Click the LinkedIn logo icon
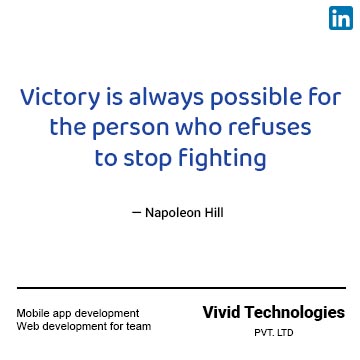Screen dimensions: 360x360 340,17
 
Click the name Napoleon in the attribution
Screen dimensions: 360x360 176,213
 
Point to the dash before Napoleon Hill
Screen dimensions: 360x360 136,213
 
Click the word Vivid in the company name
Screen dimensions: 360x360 221,311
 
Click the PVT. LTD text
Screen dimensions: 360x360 273,333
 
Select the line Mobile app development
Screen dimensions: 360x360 77,313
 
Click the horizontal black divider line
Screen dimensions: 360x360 180,288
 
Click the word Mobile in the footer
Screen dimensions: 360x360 33,313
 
